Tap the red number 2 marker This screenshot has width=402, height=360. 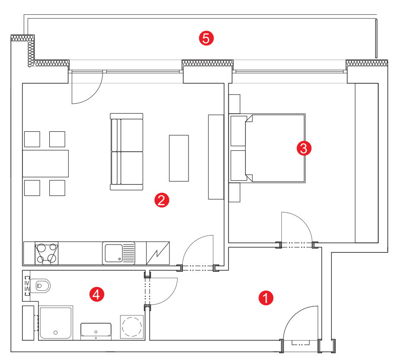tap(162, 200)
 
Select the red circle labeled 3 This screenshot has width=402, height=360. tap(304, 148)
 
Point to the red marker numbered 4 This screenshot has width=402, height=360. tap(97, 294)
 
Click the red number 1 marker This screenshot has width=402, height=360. tap(266, 298)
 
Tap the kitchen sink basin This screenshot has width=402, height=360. tap(114, 253)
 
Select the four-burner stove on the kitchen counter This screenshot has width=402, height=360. tap(46, 253)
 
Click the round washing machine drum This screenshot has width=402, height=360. tap(132, 327)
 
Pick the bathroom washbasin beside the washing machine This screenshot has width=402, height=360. tap(96, 331)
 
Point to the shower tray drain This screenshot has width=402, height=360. tap(55, 333)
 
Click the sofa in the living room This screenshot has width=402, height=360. tap(127, 152)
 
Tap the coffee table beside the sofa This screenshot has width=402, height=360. tap(179, 158)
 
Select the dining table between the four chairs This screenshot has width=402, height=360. tap(45, 164)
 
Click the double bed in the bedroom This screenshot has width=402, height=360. tap(268, 148)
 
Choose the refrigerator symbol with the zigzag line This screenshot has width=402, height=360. tap(158, 253)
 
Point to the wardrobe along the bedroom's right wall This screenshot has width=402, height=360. tap(367, 163)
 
